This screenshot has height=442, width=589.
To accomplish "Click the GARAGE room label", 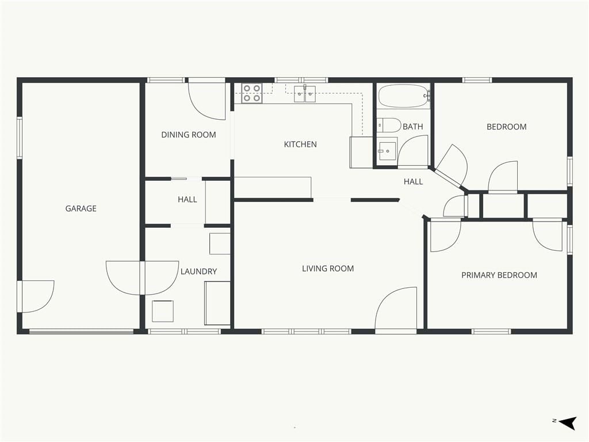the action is pos(81,208).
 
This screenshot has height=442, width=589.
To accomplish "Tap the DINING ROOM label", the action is pos(189,135).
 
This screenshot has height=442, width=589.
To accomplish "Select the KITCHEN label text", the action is pos(300,144).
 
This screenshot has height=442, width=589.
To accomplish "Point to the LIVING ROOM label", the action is pos(328,268).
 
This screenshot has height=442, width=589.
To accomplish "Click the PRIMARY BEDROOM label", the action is pos(499,275).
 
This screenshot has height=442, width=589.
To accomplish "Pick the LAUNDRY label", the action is pos(198,272).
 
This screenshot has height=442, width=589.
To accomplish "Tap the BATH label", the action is pos(413,127).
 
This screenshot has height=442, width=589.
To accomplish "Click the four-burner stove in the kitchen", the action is pos(251,93).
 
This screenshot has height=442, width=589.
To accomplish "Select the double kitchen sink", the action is pos(305,94).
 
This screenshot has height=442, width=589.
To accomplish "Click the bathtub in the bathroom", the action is pos(403,96).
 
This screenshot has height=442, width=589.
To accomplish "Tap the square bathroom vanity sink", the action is pos(387,151).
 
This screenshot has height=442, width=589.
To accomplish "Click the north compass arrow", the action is pos(567,423).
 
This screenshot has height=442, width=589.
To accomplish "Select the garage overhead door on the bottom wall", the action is pos(81,331).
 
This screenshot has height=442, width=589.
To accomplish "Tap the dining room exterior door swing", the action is pos(206,101).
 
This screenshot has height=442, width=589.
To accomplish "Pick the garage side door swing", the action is pos(38,296).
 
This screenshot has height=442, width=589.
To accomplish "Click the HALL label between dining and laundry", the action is pos(188,200).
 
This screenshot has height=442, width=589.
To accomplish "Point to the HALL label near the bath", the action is pos(413,181).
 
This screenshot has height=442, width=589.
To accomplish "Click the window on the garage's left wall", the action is pos(20,138).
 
